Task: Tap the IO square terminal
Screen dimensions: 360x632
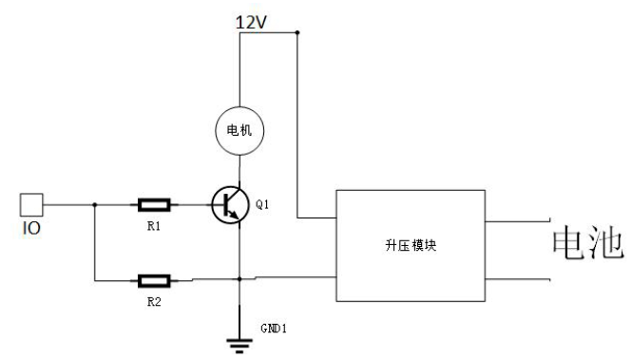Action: [30, 203]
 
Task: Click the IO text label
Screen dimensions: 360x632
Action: [30, 228]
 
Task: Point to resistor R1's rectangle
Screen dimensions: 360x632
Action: [154, 203]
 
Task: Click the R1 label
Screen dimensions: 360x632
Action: [153, 228]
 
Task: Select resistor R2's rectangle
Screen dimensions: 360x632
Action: [154, 280]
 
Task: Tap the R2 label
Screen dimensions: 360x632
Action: [153, 304]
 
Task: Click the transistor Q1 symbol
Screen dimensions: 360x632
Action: [228, 203]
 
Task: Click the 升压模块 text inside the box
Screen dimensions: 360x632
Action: [410, 244]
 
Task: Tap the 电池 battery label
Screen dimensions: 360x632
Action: [587, 244]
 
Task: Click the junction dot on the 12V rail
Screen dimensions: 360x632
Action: [297, 33]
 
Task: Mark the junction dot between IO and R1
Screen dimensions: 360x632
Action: [95, 203]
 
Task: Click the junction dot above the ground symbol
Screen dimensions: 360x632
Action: [239, 279]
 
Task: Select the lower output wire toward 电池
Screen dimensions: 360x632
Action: [513, 279]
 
